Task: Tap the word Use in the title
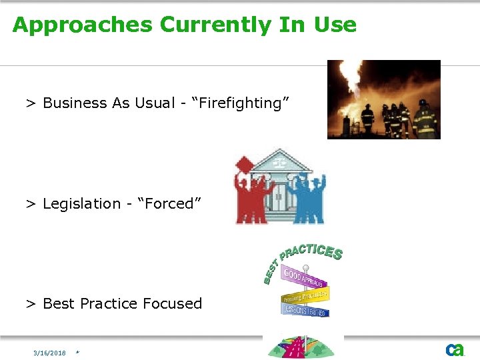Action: tap(336, 25)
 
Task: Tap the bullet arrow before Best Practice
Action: tap(30, 304)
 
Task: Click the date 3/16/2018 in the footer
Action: tap(50, 353)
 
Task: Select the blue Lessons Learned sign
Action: tap(306, 309)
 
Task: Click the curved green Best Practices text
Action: tap(303, 257)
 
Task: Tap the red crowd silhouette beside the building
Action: tap(251, 193)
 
